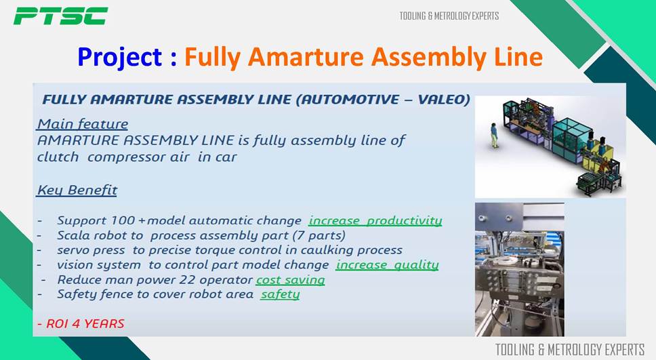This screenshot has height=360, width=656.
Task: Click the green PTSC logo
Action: click(61, 16)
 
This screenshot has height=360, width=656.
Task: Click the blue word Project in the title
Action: click(120, 58)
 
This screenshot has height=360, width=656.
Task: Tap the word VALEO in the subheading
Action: click(444, 99)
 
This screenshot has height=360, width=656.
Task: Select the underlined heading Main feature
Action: click(83, 124)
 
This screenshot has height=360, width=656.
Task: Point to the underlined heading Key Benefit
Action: click(77, 190)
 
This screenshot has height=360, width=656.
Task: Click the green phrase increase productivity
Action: click(375, 220)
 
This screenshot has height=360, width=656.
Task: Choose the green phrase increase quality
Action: click(388, 265)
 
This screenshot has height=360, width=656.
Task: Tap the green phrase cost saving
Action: click(290, 279)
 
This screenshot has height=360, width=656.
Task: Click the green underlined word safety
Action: click(281, 294)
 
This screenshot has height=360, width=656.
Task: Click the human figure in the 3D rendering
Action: click(495, 135)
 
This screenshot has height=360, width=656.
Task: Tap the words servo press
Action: click(91, 250)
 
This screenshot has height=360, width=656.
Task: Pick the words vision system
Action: click(99, 265)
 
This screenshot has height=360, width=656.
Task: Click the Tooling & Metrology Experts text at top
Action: click(449, 16)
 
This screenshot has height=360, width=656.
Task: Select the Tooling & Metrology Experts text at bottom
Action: click(570, 350)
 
